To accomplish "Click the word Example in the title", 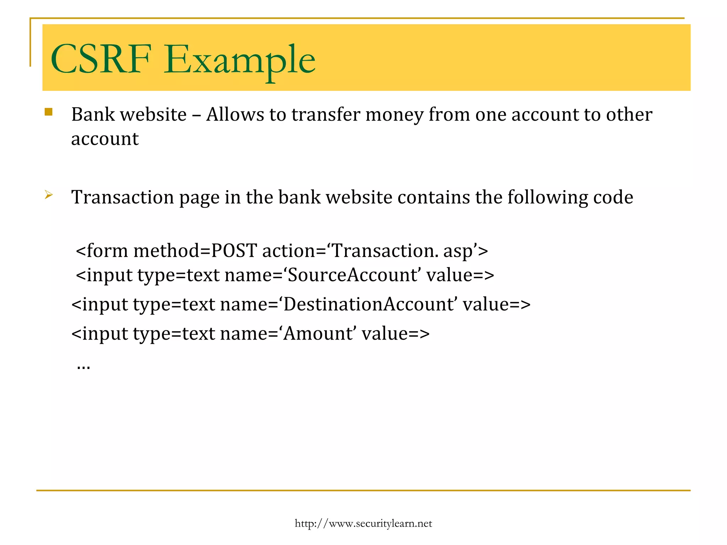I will tap(239, 60).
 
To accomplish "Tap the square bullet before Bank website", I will tap(49, 112).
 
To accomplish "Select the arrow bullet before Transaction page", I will tap(49, 195).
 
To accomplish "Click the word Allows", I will tap(235, 115).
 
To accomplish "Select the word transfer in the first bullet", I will tap(326, 115).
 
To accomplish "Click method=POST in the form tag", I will tap(195, 251).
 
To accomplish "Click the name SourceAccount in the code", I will tap(352, 275).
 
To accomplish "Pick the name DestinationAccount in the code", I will tap(368, 304).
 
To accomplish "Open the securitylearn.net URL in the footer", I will tap(363, 523).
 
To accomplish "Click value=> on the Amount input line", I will tap(395, 334).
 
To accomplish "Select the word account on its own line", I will tap(105, 139).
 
